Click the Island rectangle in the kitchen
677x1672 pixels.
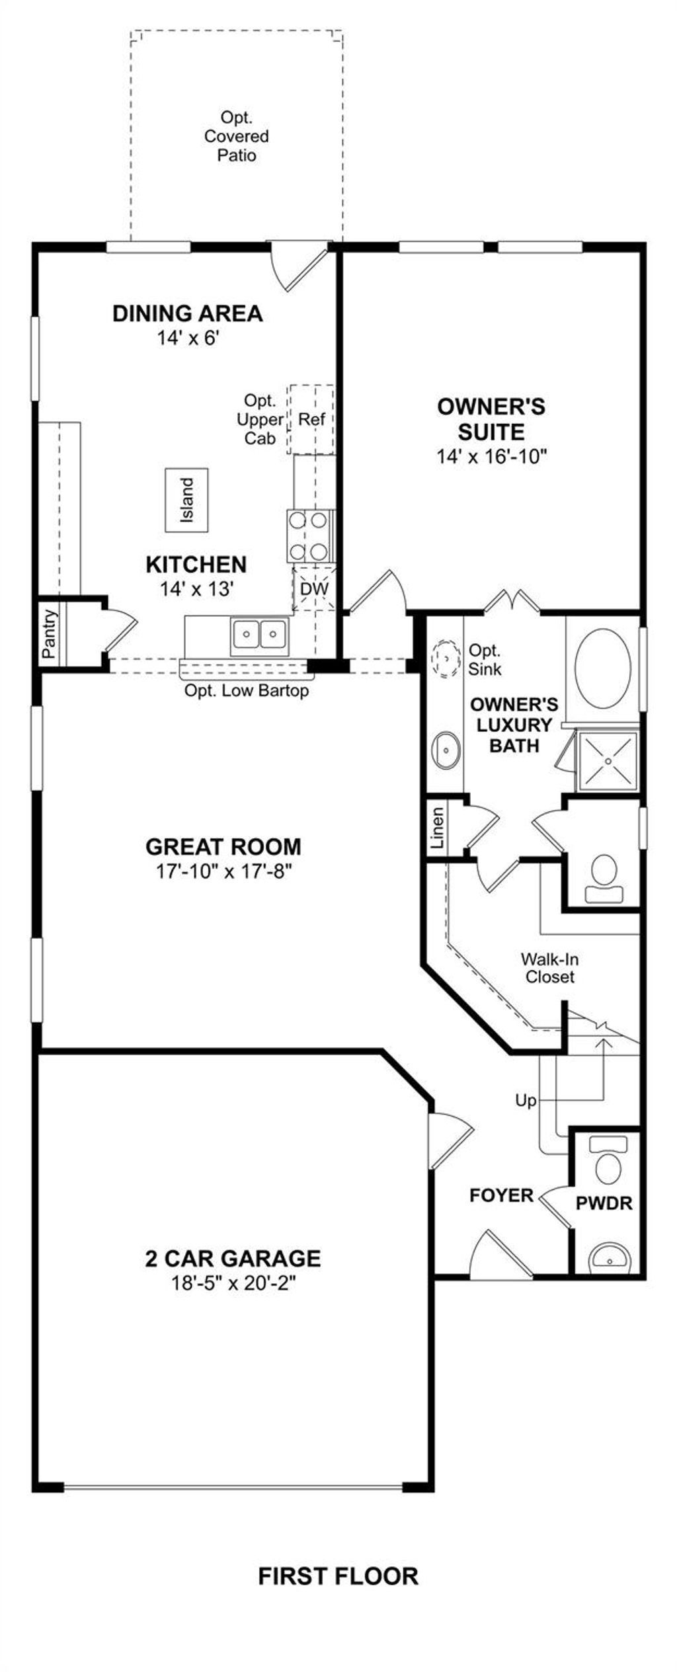pos(186,500)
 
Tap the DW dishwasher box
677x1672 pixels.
pos(315,588)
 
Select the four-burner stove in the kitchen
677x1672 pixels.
pos(309,536)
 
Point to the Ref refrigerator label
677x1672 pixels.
pos(311,419)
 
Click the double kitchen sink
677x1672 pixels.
pos(259,635)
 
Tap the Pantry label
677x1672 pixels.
pos(49,633)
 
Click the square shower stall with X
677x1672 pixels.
pos(608,761)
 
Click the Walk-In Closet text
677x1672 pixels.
pos(550,968)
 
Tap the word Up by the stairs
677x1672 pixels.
pos(526,1101)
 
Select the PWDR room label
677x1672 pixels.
pos(604,1203)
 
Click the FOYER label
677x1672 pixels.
pos(501,1195)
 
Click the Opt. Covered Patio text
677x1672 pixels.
pos(237,137)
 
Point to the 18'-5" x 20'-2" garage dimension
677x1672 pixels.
pos(233,1283)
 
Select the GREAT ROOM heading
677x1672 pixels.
pos(223,847)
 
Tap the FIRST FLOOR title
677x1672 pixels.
pos(338,1576)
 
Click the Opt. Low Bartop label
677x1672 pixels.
pos(247,691)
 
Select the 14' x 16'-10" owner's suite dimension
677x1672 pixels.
pos(493,456)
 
